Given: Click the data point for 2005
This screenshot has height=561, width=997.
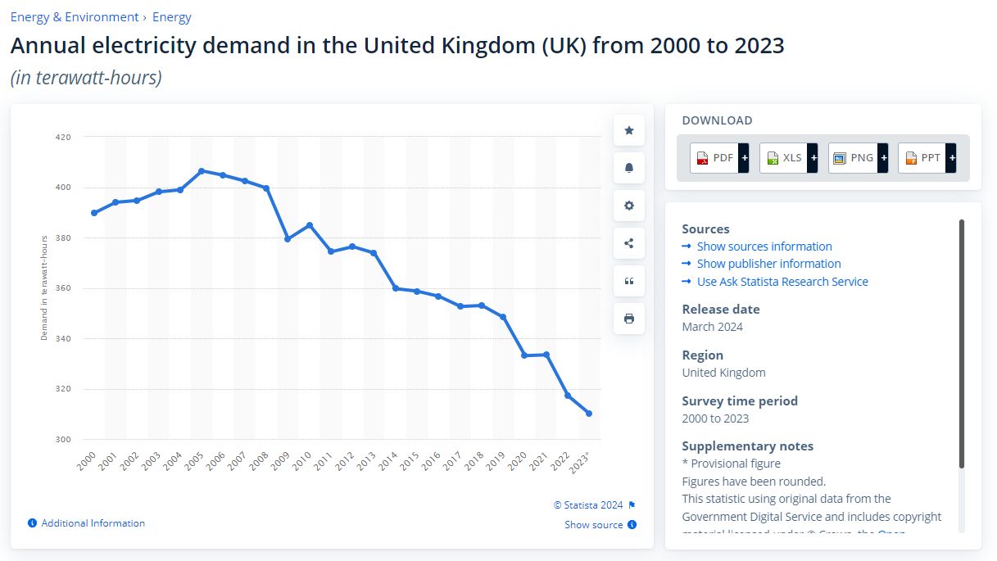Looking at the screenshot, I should pyautogui.click(x=202, y=171).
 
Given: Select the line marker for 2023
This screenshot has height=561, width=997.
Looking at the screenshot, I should pyautogui.click(x=589, y=414).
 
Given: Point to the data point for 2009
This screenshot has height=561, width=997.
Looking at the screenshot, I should pyautogui.click(x=288, y=239).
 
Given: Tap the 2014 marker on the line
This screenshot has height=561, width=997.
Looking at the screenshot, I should pyautogui.click(x=395, y=288).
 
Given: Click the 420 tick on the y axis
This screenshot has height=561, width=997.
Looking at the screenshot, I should pyautogui.click(x=63, y=138).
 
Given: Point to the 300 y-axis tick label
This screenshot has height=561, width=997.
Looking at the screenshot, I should pyautogui.click(x=63, y=440).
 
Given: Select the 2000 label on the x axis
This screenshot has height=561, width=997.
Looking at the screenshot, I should pyautogui.click(x=88, y=461).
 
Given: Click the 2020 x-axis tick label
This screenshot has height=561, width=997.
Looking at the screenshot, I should pyautogui.click(x=518, y=461).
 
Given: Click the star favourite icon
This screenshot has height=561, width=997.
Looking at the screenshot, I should pyautogui.click(x=629, y=130).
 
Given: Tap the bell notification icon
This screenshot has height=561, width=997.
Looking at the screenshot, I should pyautogui.click(x=629, y=168).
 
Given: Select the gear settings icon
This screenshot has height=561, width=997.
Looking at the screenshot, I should pyautogui.click(x=629, y=206).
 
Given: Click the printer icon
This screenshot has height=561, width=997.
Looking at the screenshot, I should pyautogui.click(x=629, y=319).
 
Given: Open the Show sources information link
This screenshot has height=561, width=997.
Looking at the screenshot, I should pyautogui.click(x=764, y=247).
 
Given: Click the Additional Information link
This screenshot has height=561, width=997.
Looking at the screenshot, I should pyautogui.click(x=93, y=523).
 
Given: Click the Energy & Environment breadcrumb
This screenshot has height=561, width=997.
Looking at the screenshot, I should pyautogui.click(x=75, y=17).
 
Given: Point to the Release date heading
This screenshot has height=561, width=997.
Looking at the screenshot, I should pyautogui.click(x=721, y=310).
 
